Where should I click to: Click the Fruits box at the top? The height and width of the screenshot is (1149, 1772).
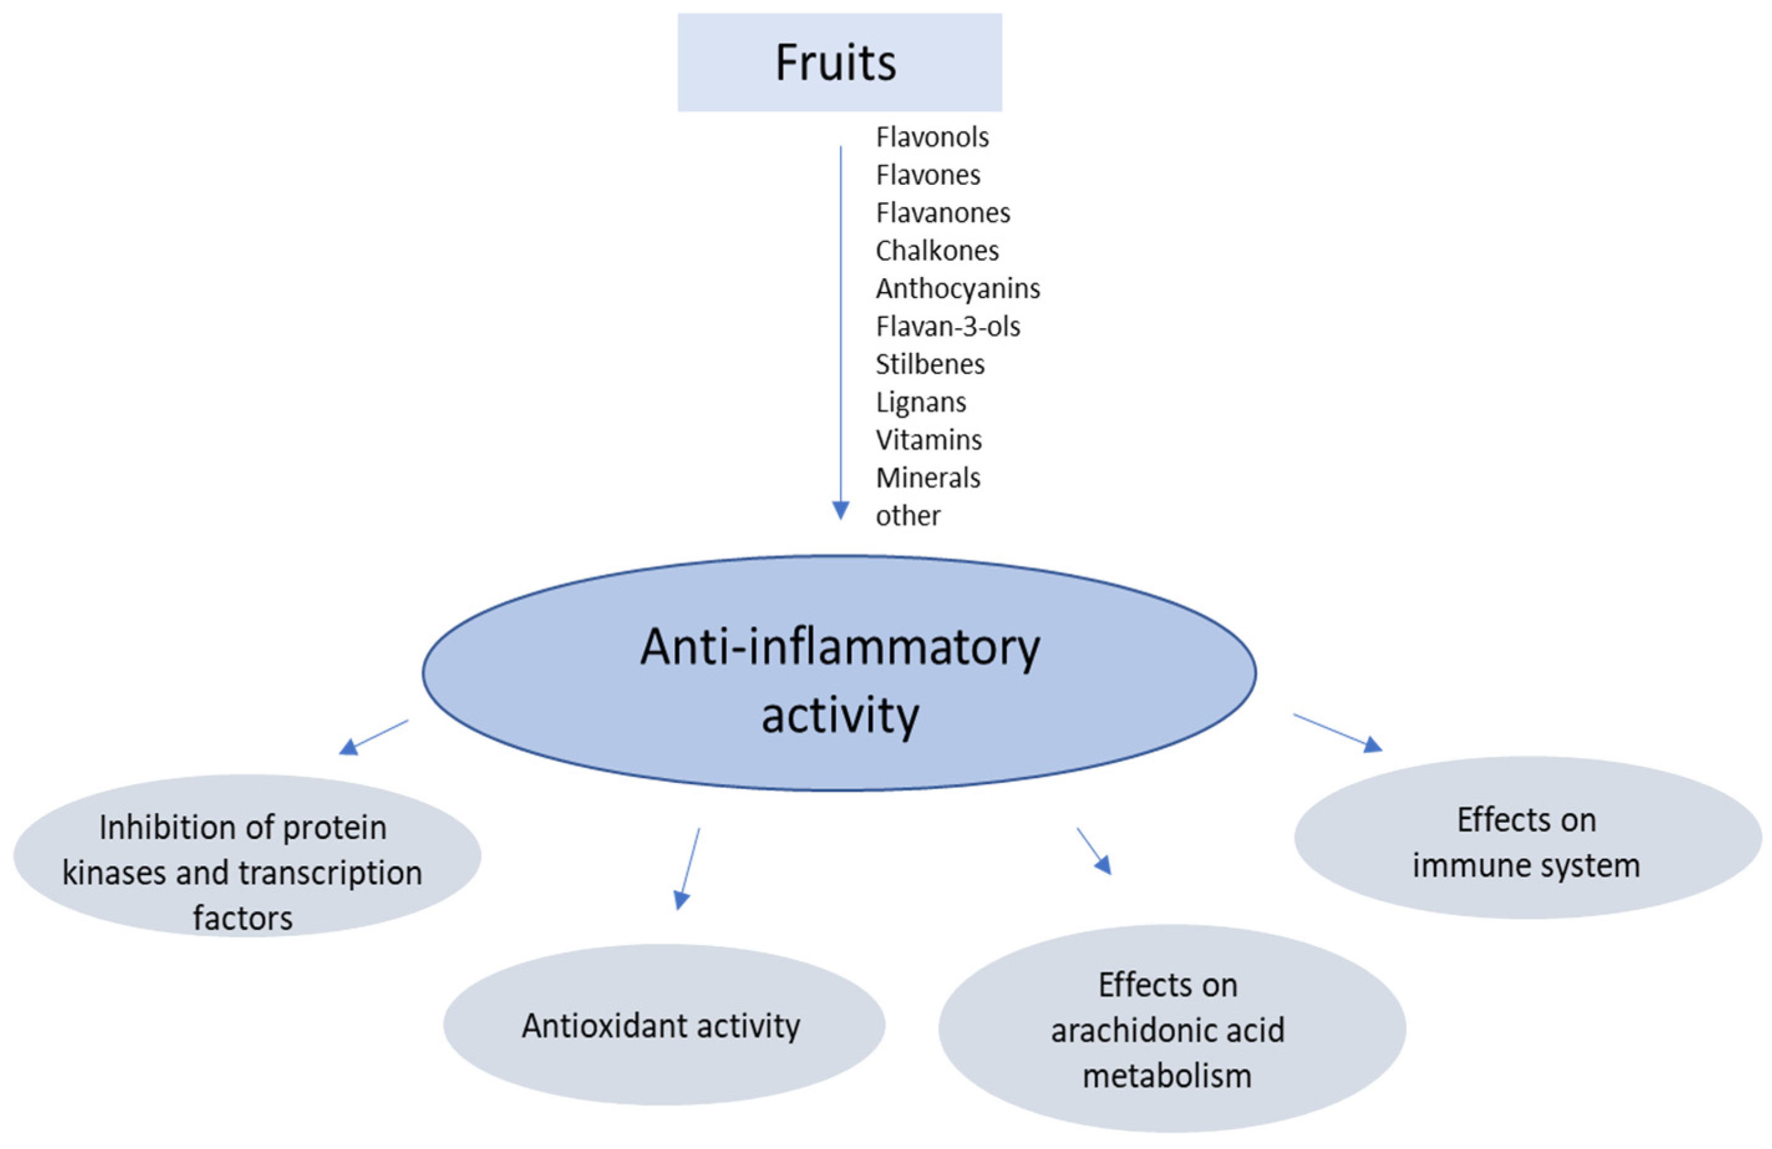click(839, 62)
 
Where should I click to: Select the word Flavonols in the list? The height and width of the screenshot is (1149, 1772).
click(932, 137)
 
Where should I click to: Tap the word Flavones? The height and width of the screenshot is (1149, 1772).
click(927, 175)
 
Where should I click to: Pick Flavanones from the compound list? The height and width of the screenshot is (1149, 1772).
click(942, 213)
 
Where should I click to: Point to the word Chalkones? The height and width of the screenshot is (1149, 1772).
click(937, 251)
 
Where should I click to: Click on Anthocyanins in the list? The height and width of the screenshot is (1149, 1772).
click(957, 289)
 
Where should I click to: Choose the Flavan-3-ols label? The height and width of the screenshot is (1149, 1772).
click(947, 327)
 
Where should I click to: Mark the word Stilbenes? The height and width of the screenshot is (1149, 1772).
click(930, 365)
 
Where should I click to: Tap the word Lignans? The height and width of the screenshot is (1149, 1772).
click(921, 403)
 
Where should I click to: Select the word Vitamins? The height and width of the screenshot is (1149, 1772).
click(929, 440)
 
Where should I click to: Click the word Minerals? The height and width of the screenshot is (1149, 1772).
click(927, 478)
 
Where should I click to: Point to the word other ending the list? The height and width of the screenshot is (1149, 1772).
click(907, 516)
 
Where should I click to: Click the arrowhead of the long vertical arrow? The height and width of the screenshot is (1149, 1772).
click(841, 511)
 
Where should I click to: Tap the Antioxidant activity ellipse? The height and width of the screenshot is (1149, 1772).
click(663, 1025)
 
